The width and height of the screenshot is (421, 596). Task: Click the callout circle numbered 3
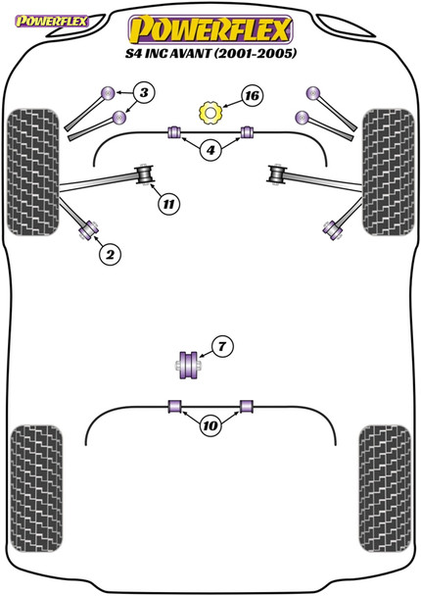tap(144, 94)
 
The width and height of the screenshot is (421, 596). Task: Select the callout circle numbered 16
tap(252, 96)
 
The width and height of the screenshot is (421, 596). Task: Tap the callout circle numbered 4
tap(210, 151)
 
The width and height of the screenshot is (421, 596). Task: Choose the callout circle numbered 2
tap(111, 255)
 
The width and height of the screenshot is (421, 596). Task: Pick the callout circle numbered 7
tap(222, 346)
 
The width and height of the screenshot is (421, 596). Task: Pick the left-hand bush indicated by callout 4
tap(175, 131)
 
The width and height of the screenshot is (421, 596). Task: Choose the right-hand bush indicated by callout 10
tap(246, 405)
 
